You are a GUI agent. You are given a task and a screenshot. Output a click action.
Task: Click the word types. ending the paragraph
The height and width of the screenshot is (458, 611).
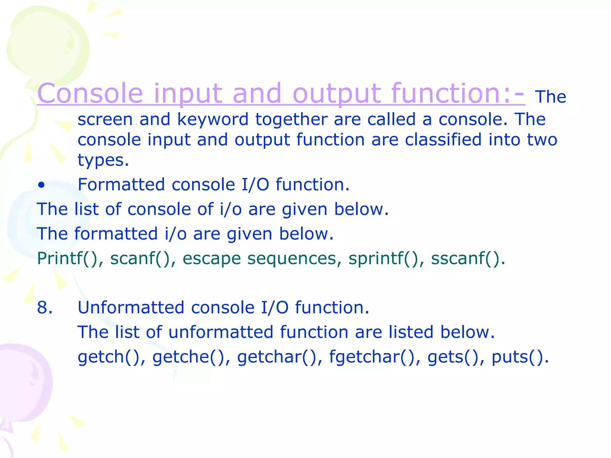click(x=103, y=160)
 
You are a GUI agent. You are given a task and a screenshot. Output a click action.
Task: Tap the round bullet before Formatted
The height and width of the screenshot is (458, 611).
click(x=41, y=185)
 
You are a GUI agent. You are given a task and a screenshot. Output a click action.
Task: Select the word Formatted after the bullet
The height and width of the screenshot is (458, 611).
click(x=121, y=185)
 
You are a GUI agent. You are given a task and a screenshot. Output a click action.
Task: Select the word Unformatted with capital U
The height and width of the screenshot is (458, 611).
click(x=131, y=307)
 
